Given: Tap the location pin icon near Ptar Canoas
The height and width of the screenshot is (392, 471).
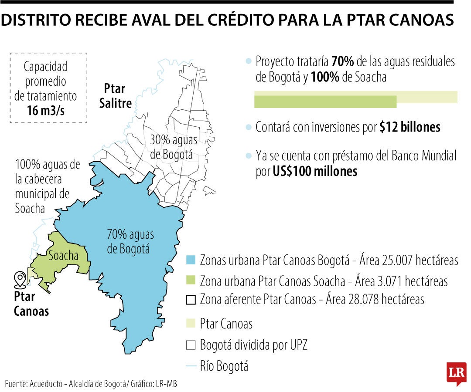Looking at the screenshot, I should point(20,280).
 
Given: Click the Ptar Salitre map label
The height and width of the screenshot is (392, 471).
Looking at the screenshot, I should point(115,96).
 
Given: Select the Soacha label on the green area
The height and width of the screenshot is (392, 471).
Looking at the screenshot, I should point(63,256).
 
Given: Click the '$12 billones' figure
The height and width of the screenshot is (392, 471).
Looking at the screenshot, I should point(410,127).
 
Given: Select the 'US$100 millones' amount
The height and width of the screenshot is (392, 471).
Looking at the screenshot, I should point(315,172).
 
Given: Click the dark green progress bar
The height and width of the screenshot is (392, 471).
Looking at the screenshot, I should point(325,101).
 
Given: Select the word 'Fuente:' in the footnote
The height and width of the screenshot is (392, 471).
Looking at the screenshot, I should point(16,384).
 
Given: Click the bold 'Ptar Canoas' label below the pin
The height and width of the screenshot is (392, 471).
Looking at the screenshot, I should point(31,304).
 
